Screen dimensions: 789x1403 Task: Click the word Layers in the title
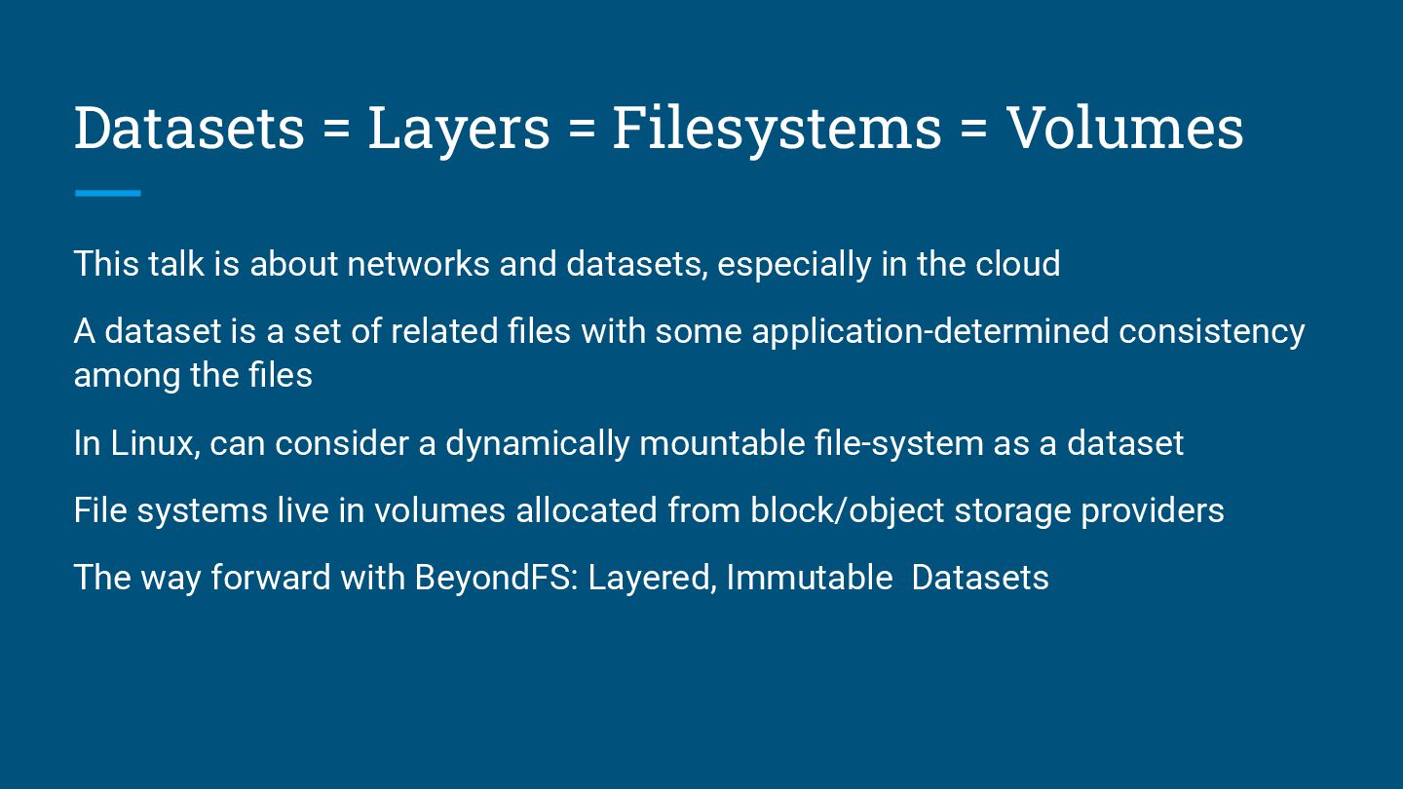[458, 129]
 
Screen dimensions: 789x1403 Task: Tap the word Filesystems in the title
[777, 129]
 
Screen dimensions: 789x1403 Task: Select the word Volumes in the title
[1124, 129]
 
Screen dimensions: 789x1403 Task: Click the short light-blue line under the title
[108, 194]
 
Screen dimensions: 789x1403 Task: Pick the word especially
[794, 265]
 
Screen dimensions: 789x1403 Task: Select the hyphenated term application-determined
[929, 332]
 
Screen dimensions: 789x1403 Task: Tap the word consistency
[1211, 332]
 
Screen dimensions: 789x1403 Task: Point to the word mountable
[721, 443]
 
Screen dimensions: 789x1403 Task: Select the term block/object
[847, 510]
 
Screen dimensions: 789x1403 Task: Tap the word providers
[1152, 511]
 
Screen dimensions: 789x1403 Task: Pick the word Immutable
[809, 578]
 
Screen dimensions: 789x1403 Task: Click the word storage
[1012, 511]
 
